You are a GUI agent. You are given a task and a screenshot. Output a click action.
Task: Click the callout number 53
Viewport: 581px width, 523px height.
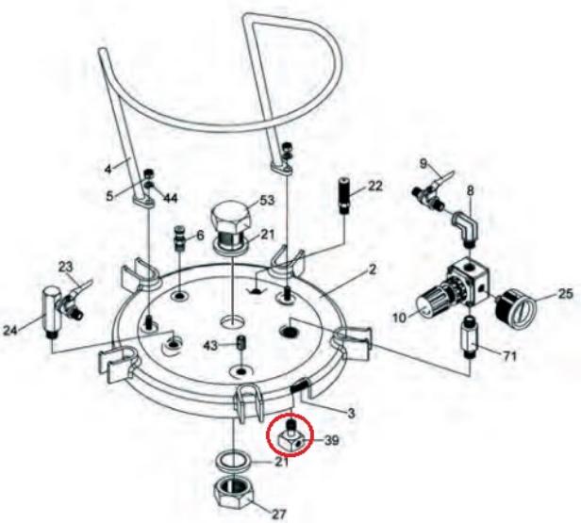268,201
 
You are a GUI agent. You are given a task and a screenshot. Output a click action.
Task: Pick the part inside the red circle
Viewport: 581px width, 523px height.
290,436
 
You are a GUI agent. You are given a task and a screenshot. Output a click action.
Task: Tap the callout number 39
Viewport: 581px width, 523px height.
331,440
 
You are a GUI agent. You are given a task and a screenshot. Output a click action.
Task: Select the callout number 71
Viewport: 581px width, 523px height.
509,357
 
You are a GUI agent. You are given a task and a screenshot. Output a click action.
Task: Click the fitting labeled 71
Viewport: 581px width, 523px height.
470,338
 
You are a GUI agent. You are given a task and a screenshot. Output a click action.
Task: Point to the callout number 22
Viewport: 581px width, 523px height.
374,187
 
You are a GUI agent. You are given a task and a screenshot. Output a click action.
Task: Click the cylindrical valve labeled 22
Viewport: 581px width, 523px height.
345,196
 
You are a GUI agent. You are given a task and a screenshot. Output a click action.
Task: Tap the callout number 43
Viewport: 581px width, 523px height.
211,346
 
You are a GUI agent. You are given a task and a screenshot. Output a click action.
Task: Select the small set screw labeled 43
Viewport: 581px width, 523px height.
241,342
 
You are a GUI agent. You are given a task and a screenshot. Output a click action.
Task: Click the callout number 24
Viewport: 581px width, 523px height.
10,330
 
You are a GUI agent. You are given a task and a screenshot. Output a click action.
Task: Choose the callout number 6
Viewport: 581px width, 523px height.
200,236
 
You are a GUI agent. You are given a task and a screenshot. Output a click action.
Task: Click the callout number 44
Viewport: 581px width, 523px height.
171,198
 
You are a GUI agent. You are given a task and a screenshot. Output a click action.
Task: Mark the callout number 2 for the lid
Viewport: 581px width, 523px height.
373,270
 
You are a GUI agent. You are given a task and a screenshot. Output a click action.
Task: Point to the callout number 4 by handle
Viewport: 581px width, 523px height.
108,170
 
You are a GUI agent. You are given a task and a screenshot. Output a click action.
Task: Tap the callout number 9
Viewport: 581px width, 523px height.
423,163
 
